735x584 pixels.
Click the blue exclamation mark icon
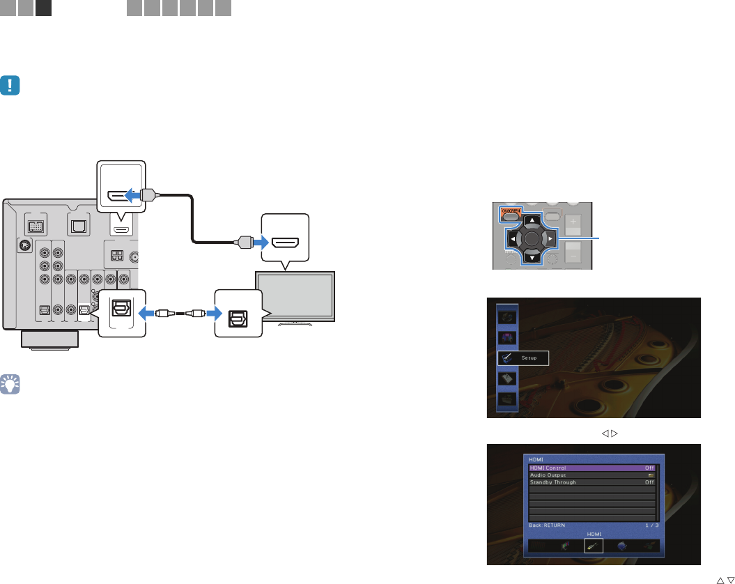tap(11, 86)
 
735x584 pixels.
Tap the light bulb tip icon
tap(11, 383)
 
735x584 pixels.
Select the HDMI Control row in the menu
tap(591, 468)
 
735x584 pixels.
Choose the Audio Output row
tap(591, 475)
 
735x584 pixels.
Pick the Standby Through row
tap(591, 482)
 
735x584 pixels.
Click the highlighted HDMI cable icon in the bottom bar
tap(595, 546)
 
